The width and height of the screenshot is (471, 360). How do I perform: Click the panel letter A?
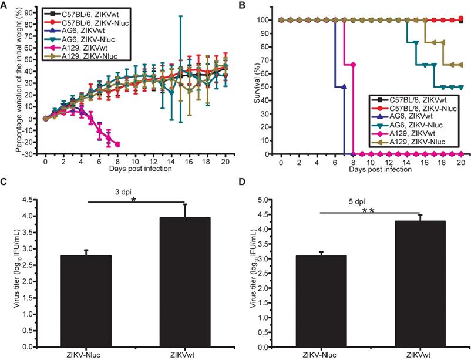point(5,5)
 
